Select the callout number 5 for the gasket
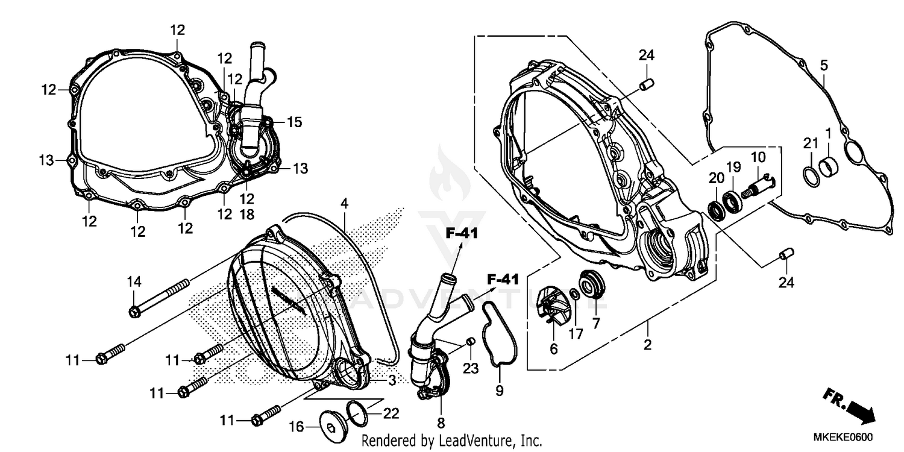824,64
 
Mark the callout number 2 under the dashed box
648,345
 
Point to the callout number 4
344,204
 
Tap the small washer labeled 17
576,294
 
